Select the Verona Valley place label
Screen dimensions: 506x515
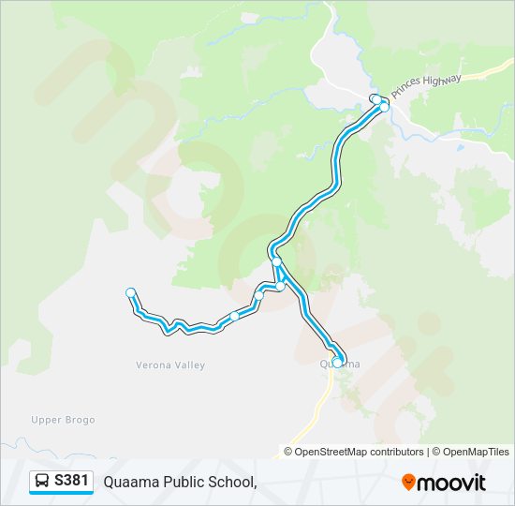170,365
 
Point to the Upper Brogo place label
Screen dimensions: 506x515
63,420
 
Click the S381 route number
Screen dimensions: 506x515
72,481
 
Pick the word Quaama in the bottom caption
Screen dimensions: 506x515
130,482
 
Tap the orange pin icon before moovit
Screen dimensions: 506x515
408,482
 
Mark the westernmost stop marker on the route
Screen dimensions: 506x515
131,292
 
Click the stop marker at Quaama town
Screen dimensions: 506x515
337,362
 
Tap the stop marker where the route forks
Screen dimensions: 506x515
276,262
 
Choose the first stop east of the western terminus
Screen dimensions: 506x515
234,316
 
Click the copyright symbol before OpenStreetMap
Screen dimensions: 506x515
289,452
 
